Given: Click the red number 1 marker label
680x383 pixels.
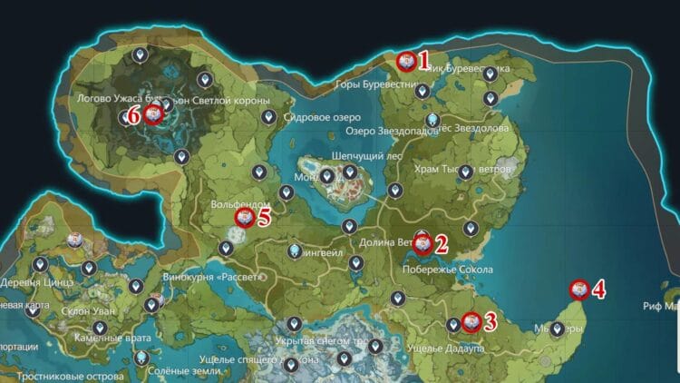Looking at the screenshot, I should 423,60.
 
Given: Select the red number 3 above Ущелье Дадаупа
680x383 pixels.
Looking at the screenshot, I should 490,320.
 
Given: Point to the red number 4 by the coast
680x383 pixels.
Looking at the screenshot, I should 598,290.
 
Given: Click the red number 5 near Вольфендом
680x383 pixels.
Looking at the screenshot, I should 264,217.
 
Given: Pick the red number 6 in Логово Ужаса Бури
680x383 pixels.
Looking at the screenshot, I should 132,115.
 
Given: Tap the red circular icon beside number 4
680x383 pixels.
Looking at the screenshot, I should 578,290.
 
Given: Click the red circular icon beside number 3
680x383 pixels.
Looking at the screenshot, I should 471,321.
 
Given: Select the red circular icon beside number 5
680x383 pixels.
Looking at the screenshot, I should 244,218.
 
